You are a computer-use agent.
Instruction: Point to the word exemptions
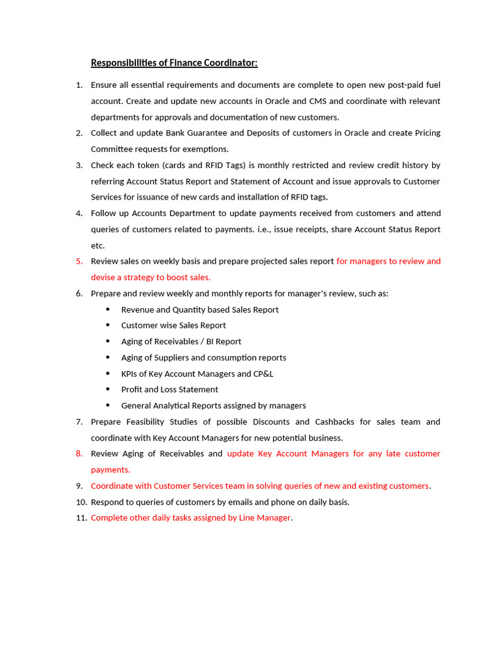(x=206, y=149)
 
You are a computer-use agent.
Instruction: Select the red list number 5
(x=78, y=261)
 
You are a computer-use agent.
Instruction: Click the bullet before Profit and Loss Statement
(x=108, y=389)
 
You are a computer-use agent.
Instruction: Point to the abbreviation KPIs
(x=131, y=374)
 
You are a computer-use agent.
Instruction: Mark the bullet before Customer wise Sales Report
(x=108, y=325)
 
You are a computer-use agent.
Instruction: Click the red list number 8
(x=78, y=453)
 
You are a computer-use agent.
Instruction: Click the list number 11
(x=80, y=518)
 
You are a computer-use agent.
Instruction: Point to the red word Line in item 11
(x=248, y=518)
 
